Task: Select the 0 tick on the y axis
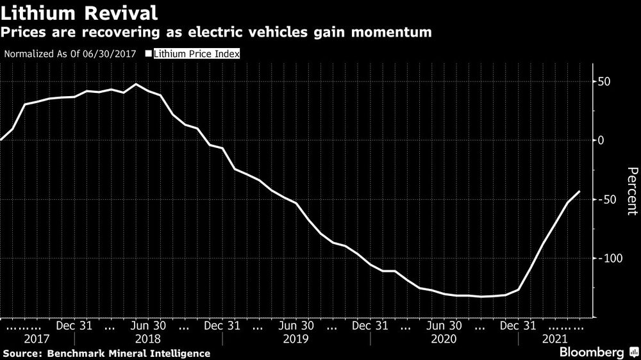click(x=601, y=140)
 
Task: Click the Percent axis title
click(x=632, y=190)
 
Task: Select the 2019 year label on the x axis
click(x=296, y=339)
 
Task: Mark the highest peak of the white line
click(x=136, y=84)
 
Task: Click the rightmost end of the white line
click(x=580, y=191)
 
